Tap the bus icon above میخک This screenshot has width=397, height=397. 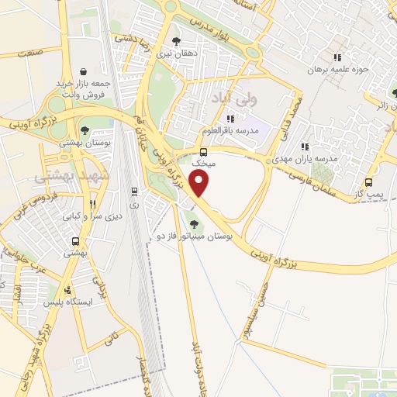[203, 152]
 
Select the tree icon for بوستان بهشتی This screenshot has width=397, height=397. [85, 130]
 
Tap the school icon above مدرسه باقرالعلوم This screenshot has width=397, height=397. [230, 119]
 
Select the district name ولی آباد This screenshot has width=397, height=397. [232, 98]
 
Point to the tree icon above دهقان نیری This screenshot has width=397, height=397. [178, 41]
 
